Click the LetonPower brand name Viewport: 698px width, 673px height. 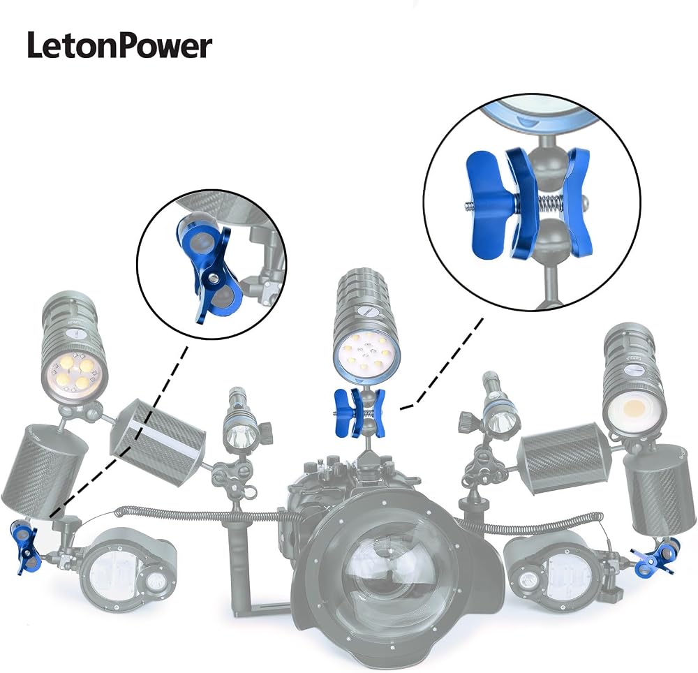pyautogui.click(x=120, y=45)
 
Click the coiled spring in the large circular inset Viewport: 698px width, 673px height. pyautogui.click(x=551, y=205)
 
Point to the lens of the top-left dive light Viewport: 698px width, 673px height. pyautogui.click(x=74, y=373)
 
